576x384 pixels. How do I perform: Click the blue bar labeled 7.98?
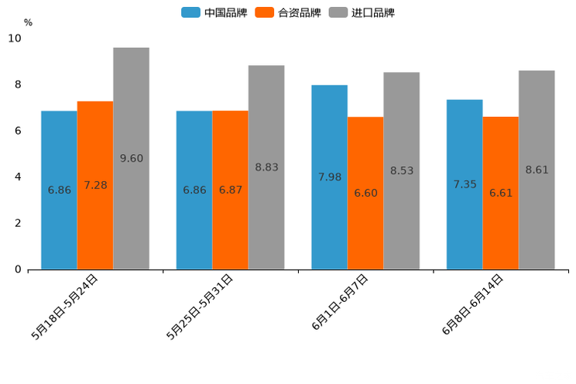pyautogui.click(x=329, y=177)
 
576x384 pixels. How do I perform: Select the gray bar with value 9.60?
pyautogui.click(x=131, y=158)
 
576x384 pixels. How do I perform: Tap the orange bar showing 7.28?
pyautogui.click(x=95, y=185)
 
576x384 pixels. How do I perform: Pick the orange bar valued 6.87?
pyautogui.click(x=230, y=190)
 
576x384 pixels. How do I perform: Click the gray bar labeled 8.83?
pyautogui.click(x=266, y=167)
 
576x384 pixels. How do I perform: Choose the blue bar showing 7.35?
pyautogui.click(x=465, y=184)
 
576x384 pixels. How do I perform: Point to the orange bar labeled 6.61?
pyautogui.click(x=500, y=193)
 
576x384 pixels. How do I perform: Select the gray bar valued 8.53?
pyautogui.click(x=401, y=170)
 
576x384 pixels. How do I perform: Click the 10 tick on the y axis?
pyautogui.click(x=15, y=38)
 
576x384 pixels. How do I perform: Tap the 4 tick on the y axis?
pyautogui.click(x=18, y=177)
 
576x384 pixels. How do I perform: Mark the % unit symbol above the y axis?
pyautogui.click(x=28, y=22)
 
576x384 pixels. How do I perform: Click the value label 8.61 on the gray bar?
pyautogui.click(x=537, y=170)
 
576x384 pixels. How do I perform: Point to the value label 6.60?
pyautogui.click(x=365, y=193)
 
